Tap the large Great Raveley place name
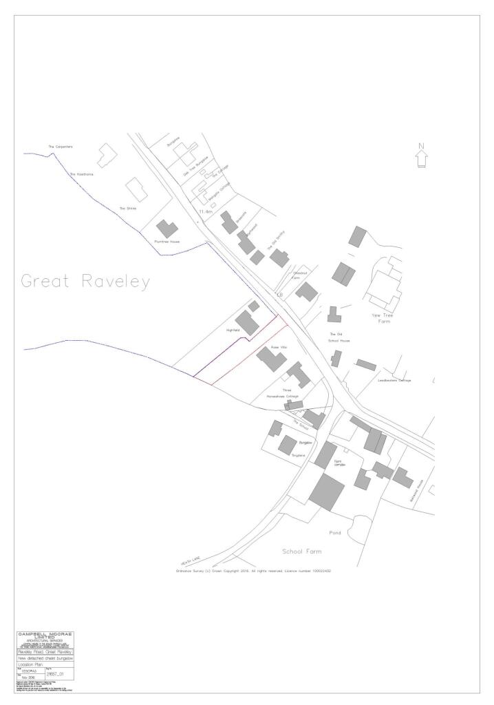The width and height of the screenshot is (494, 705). [85, 282]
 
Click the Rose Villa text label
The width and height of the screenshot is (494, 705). [278, 348]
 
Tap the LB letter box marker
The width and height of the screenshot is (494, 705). [279, 295]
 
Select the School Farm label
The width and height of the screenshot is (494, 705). [301, 551]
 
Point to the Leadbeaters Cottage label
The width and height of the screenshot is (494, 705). [394, 380]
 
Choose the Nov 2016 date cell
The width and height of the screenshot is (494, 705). [28, 677]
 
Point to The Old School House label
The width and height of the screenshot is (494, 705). [340, 337]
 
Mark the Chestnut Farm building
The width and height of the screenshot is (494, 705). [307, 291]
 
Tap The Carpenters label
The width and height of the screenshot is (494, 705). [60, 147]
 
